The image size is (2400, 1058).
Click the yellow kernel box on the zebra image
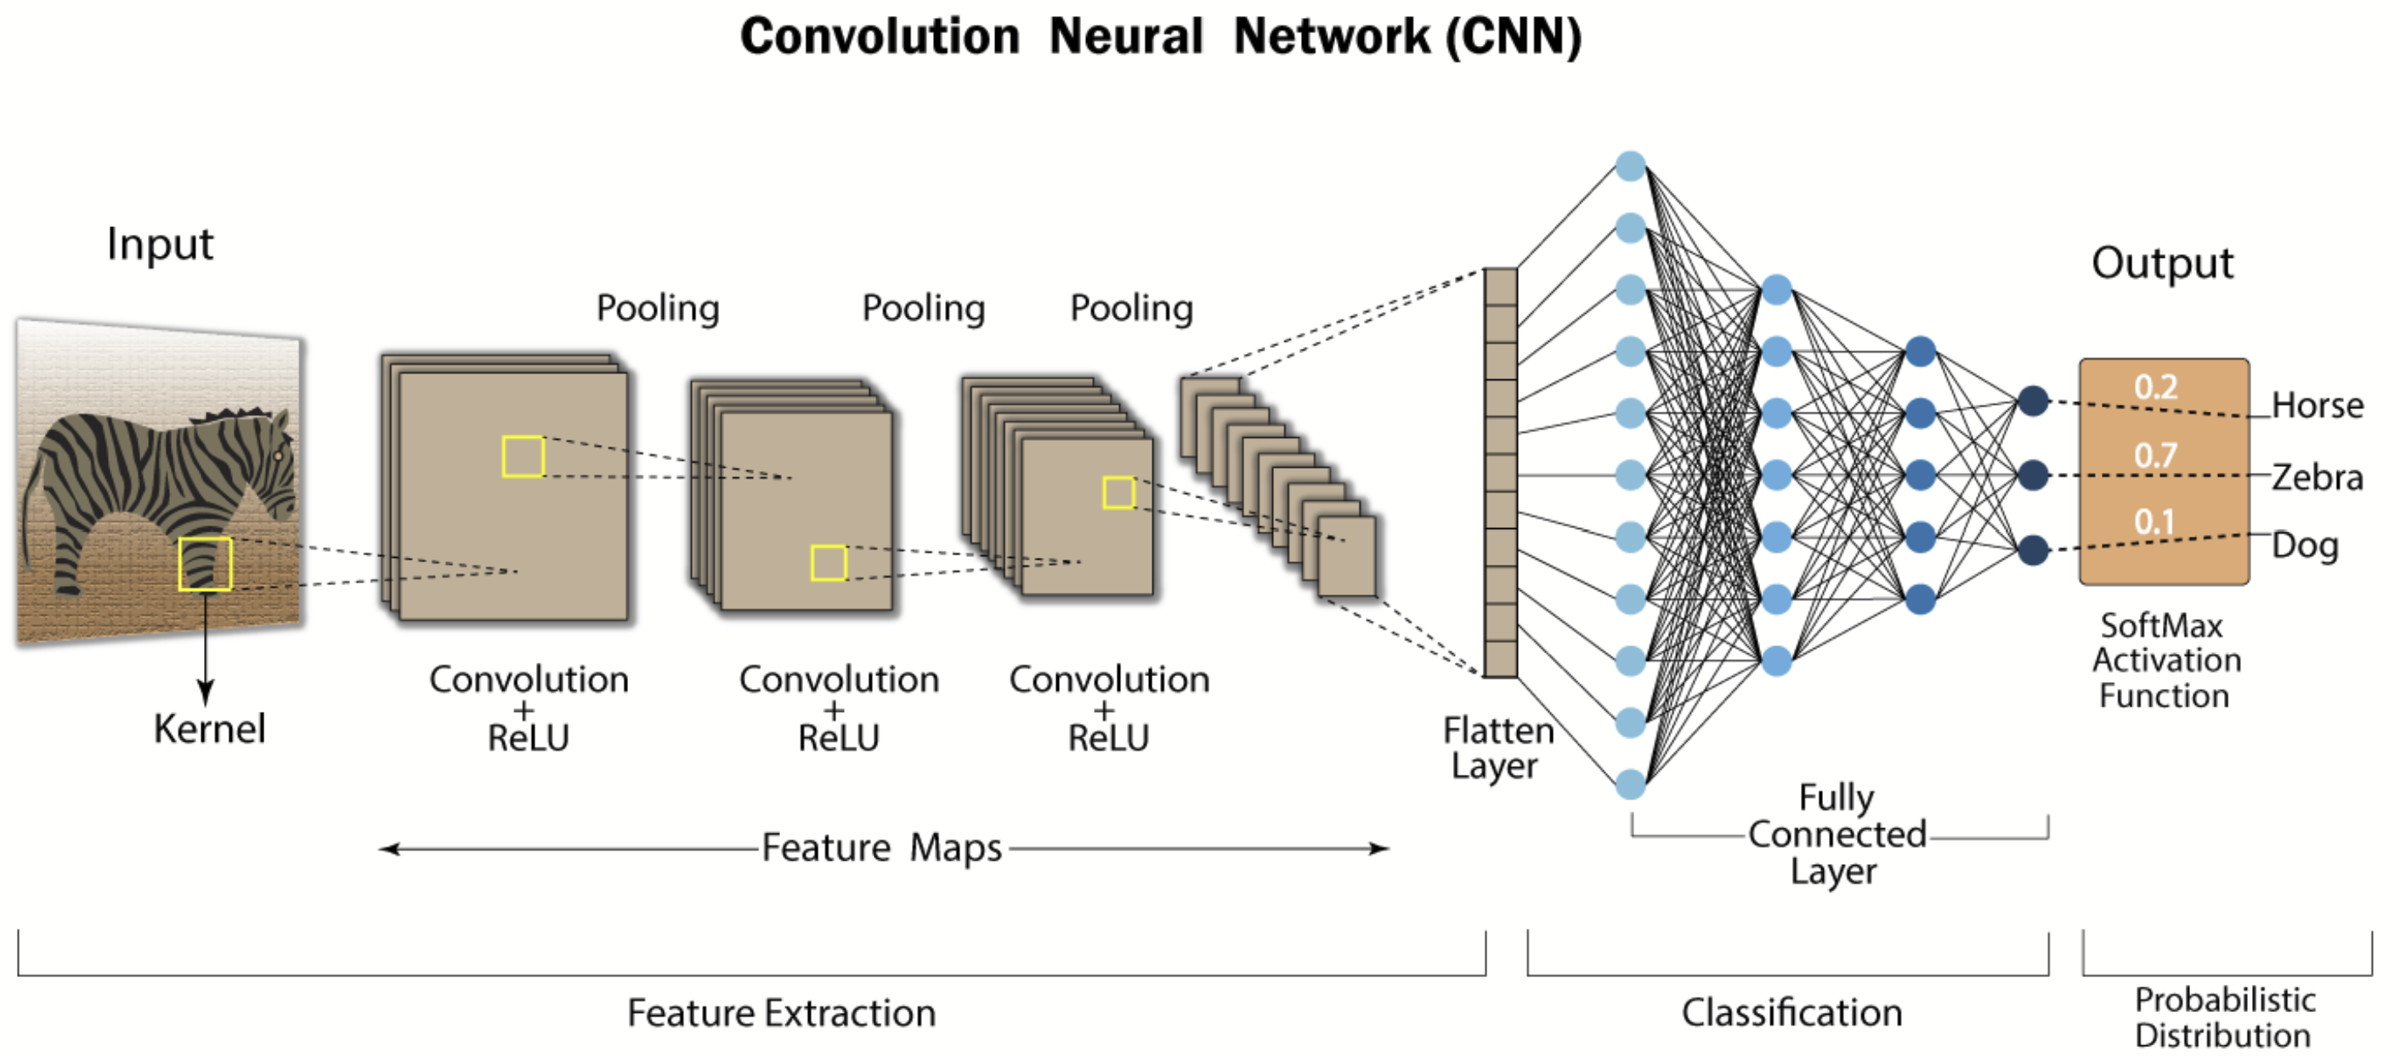[x=205, y=564]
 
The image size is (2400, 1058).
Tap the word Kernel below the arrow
[x=210, y=729]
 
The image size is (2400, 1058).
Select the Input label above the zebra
[x=161, y=244]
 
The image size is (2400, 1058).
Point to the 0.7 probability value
[x=2156, y=455]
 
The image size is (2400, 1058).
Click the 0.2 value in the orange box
[x=2156, y=387]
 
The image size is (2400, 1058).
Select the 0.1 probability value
[x=2154, y=522]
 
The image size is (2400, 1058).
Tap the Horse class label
[x=2317, y=406]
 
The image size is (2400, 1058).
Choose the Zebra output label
[x=2317, y=477]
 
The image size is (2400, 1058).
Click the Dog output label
[x=2305, y=545]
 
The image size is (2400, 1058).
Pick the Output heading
[x=2162, y=264]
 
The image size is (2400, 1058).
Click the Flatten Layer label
[x=1498, y=748]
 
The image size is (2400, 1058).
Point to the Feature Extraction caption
[x=781, y=1012]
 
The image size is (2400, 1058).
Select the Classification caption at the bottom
[x=1792, y=1012]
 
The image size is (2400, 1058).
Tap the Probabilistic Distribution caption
[x=2224, y=1017]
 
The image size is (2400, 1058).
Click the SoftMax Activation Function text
[x=2165, y=660]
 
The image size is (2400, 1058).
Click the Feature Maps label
[x=881, y=847]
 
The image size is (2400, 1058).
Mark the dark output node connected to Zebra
[x=2033, y=475]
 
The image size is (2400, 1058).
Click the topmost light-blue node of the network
[x=1630, y=166]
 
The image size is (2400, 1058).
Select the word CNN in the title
[x=1513, y=37]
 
